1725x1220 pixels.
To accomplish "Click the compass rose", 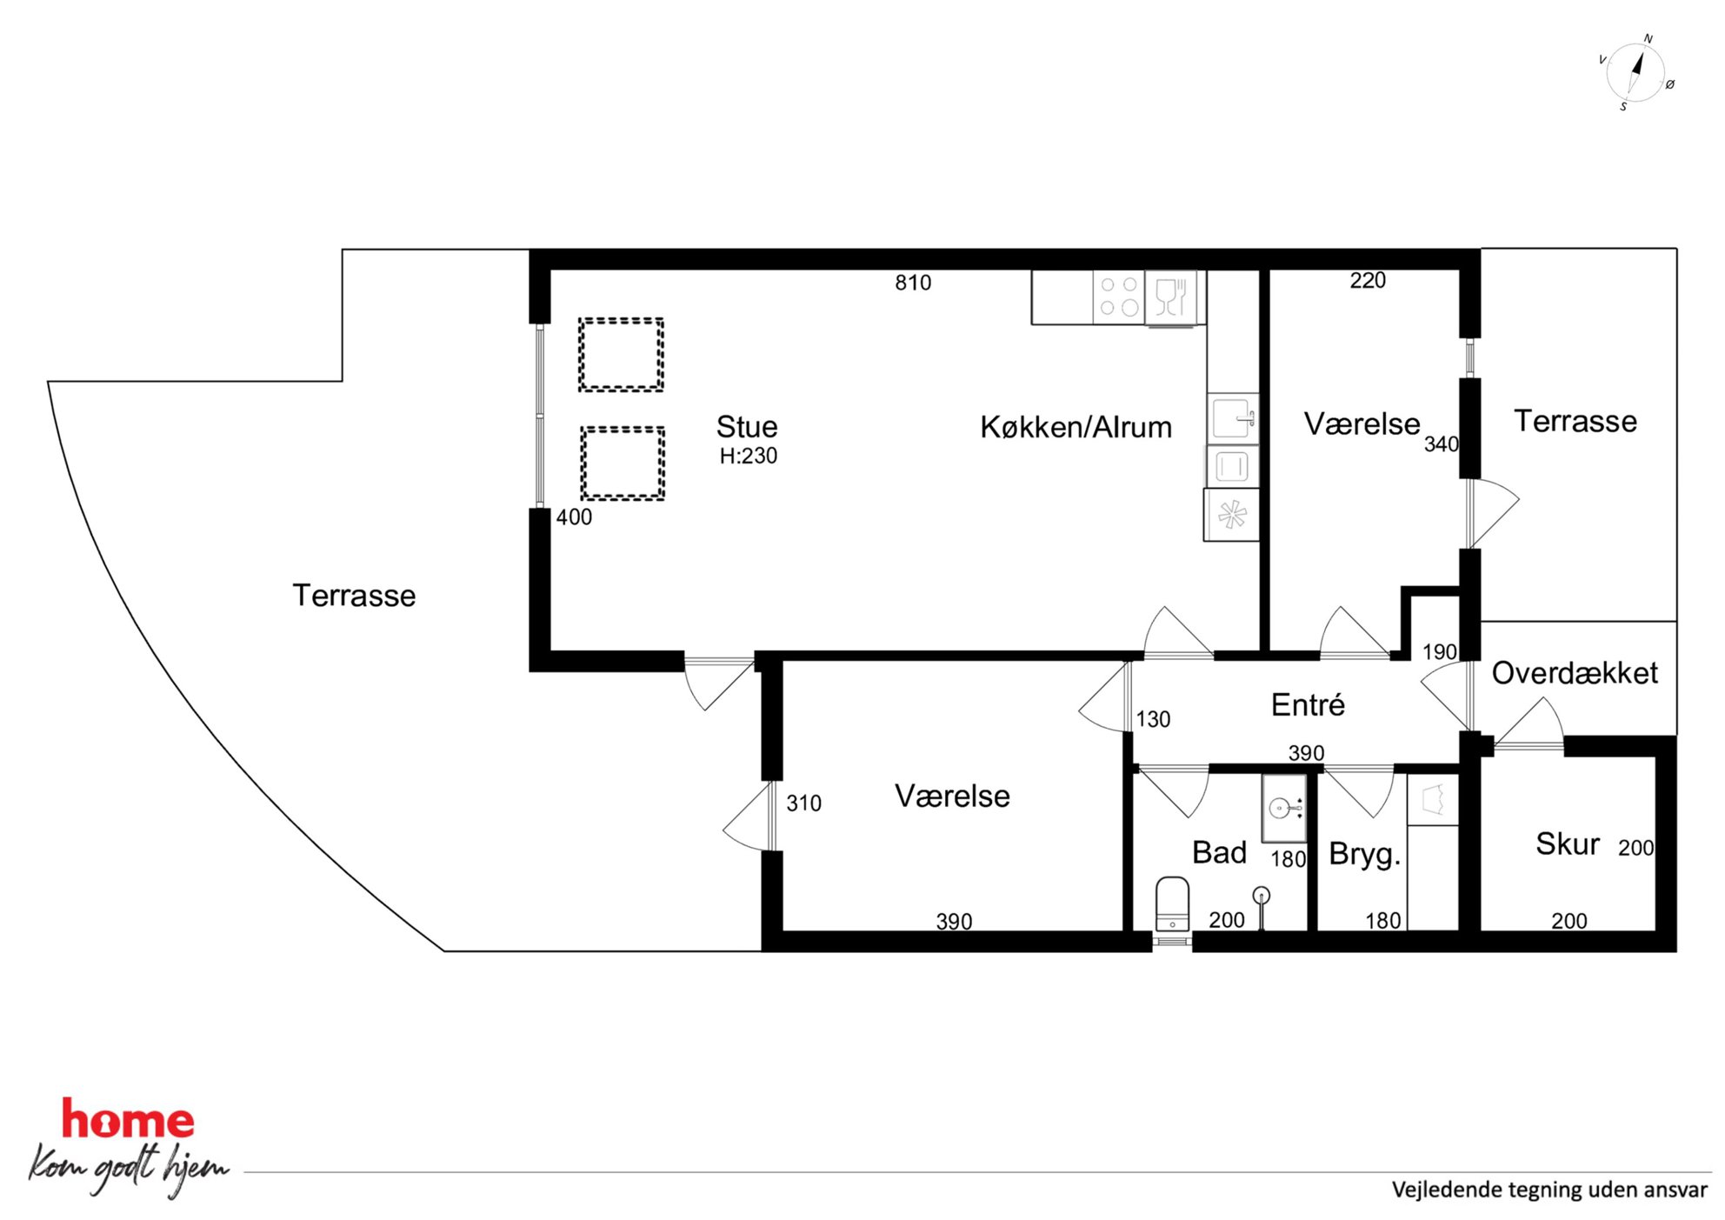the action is pos(1635,73).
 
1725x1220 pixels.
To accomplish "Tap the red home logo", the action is pos(128,1119).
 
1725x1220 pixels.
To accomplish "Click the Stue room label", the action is pos(747,427).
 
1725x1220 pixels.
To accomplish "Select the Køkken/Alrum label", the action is pos(1076,427).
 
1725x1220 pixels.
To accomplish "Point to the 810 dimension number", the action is pos(913,283).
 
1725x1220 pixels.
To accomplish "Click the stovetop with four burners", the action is pos(1119,297).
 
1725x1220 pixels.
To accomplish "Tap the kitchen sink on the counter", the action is pos(1233,419).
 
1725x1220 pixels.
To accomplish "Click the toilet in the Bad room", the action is pos(1172,903).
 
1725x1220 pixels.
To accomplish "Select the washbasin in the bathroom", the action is pos(1283,808).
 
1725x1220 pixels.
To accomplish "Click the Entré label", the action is pos(1308,704).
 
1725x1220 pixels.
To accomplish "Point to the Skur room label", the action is pos(1567,843).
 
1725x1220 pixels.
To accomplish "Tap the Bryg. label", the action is pos(1365,855).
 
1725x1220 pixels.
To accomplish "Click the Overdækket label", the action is pos(1575,672).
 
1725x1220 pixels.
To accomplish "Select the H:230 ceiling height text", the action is pos(749,456).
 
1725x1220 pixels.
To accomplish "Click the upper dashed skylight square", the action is pos(622,355).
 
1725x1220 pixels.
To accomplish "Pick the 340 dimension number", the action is pos(1441,444).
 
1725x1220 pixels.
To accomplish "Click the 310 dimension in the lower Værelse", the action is pos(803,803).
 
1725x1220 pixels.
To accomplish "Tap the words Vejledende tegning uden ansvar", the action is pos(1549,1190).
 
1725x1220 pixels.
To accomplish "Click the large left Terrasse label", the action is pos(354,596).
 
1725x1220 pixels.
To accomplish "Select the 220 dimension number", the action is pos(1368,280).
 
